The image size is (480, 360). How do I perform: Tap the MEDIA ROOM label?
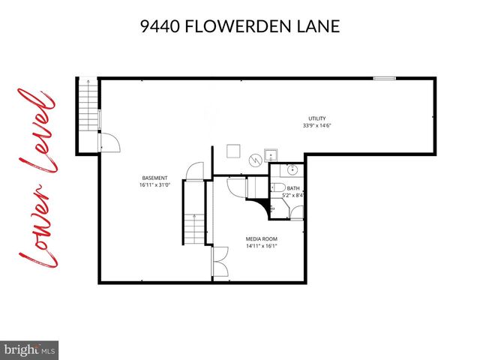tap(261, 238)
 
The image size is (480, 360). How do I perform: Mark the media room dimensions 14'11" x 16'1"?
tap(261, 246)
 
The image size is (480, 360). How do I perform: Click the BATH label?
tap(292, 189)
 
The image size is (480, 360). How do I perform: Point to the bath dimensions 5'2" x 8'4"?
tap(292, 196)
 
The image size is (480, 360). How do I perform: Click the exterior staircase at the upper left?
tap(88, 112)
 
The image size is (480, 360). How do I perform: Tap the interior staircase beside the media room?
tap(193, 225)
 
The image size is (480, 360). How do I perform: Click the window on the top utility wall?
tap(385, 78)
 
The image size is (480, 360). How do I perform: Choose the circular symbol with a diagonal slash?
tap(255, 158)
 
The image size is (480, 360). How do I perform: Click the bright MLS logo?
tap(30, 349)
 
